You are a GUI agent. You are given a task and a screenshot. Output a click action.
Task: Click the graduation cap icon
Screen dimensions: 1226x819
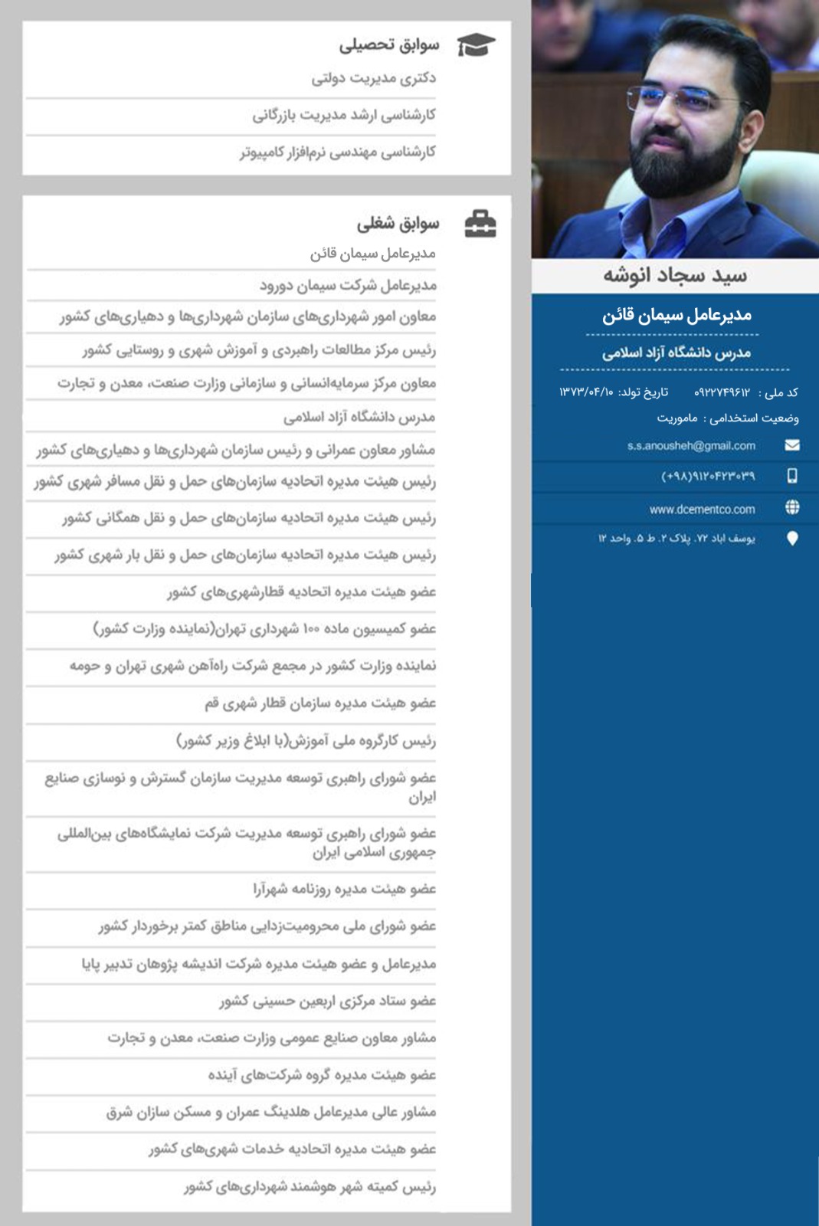[476, 45]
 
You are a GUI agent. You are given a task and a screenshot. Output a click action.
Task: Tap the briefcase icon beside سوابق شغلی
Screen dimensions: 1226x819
[480, 224]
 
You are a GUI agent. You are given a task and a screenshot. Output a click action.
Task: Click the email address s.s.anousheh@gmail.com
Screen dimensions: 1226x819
[691, 446]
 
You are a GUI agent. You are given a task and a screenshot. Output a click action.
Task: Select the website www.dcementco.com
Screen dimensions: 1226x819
[702, 509]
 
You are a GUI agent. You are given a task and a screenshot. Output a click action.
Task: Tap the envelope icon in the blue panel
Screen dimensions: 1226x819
[792, 445]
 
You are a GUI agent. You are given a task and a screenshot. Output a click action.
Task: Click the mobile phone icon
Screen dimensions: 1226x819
[792, 476]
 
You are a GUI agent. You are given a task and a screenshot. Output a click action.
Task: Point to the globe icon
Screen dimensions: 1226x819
[792, 507]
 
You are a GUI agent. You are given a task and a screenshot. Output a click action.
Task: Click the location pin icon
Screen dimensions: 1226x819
[792, 539]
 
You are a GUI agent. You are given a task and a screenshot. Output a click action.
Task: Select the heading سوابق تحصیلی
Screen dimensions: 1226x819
[389, 45]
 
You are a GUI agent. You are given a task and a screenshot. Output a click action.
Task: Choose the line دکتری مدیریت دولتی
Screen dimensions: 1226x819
[373, 78]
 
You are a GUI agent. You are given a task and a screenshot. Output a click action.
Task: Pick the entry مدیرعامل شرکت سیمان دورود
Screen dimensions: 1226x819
[348, 286]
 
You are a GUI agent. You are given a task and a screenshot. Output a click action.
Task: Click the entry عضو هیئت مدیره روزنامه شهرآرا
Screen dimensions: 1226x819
[345, 890]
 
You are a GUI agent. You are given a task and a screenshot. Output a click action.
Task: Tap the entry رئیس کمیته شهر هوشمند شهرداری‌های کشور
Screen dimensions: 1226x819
[310, 1187]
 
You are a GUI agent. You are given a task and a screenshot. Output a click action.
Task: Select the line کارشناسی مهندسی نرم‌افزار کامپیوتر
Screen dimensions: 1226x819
[338, 152]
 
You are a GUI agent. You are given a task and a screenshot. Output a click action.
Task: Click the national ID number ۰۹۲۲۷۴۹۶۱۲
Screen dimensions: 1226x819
[722, 392]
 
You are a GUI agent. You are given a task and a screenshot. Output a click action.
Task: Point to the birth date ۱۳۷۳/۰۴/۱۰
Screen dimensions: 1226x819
[586, 392]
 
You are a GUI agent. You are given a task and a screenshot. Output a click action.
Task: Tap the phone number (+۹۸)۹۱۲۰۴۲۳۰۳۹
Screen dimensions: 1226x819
[708, 477]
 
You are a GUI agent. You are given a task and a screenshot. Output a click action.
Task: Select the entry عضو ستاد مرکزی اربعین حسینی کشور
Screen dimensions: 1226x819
[328, 1001]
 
